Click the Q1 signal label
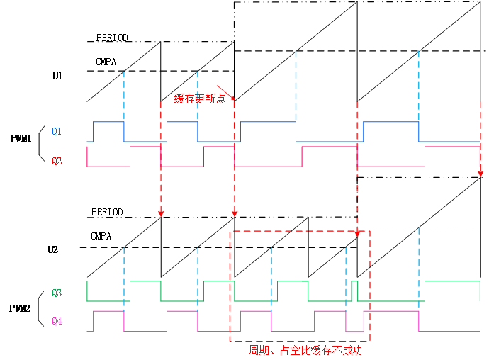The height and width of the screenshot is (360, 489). tap(57, 131)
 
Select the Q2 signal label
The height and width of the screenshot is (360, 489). tap(57, 161)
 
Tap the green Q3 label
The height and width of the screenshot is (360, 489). tap(57, 292)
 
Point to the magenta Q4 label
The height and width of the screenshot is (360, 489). tap(57, 321)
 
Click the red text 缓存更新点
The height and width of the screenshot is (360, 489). tap(200, 99)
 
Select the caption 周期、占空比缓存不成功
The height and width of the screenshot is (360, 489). tap(300, 350)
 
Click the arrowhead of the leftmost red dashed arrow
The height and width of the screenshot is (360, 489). tap(161, 213)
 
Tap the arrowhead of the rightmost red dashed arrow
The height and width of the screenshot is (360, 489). tap(480, 173)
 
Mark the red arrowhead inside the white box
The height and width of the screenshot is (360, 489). tap(357, 233)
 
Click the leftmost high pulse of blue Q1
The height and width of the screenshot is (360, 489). tap(108, 123)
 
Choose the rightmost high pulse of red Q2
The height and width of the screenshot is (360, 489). tap(452, 147)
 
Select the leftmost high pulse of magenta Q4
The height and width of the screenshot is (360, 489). tap(108, 311)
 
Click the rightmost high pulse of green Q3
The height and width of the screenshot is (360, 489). tap(452, 282)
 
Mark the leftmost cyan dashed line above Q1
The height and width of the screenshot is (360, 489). tap(124, 96)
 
